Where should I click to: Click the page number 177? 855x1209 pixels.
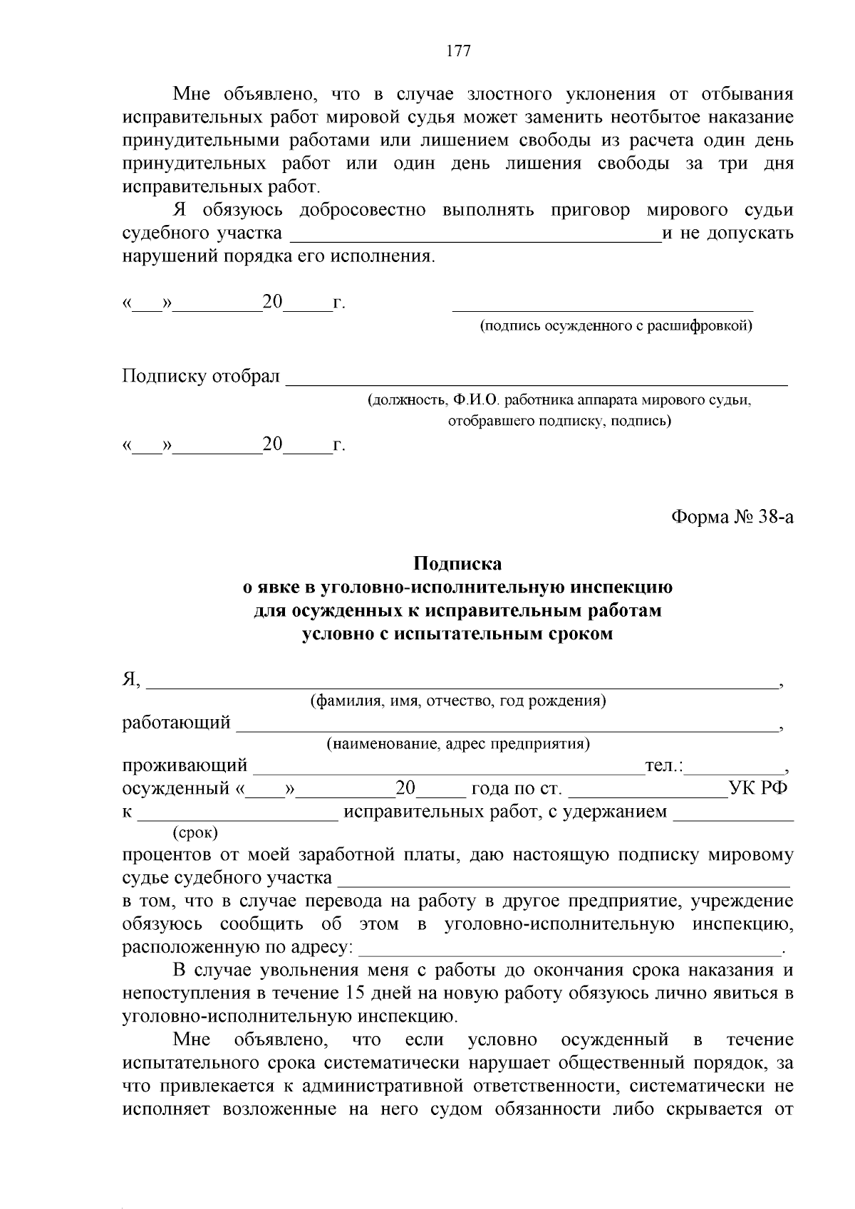[458, 51]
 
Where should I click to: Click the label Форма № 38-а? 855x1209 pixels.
[732, 517]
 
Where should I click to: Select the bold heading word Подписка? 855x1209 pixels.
[458, 564]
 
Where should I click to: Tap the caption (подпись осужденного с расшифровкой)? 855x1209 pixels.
[616, 326]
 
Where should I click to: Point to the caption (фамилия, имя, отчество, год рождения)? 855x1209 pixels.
[458, 701]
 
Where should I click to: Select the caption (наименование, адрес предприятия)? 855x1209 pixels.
[458, 744]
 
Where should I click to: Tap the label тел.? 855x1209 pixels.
[664, 766]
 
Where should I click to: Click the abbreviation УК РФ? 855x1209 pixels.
[758, 789]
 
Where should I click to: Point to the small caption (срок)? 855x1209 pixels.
[195, 832]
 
